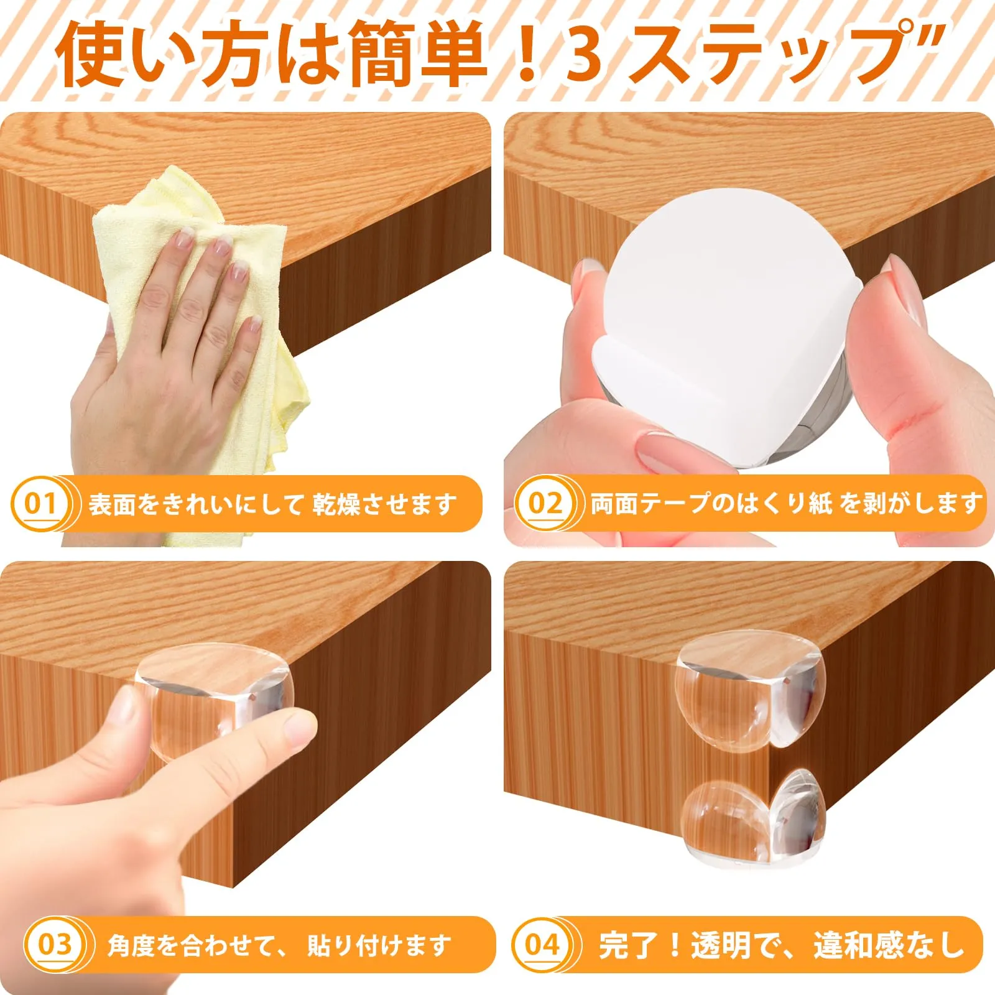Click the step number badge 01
[42, 502]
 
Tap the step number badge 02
[545, 502]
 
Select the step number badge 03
[55, 944]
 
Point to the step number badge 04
[542, 944]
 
